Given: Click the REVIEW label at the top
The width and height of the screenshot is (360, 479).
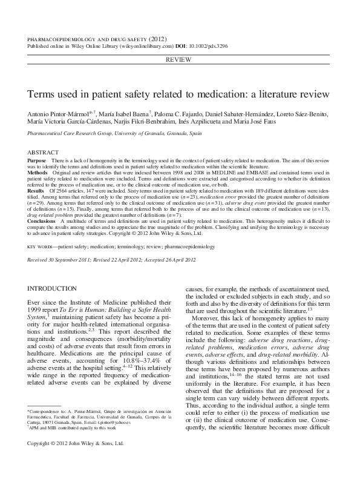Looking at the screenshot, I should tap(180, 60).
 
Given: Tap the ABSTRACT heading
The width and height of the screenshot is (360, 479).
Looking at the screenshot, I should tap(43, 152).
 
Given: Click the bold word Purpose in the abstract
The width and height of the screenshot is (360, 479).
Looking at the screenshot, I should tap(38, 160).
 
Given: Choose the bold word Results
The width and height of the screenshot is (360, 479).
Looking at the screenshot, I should tap(38, 190).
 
